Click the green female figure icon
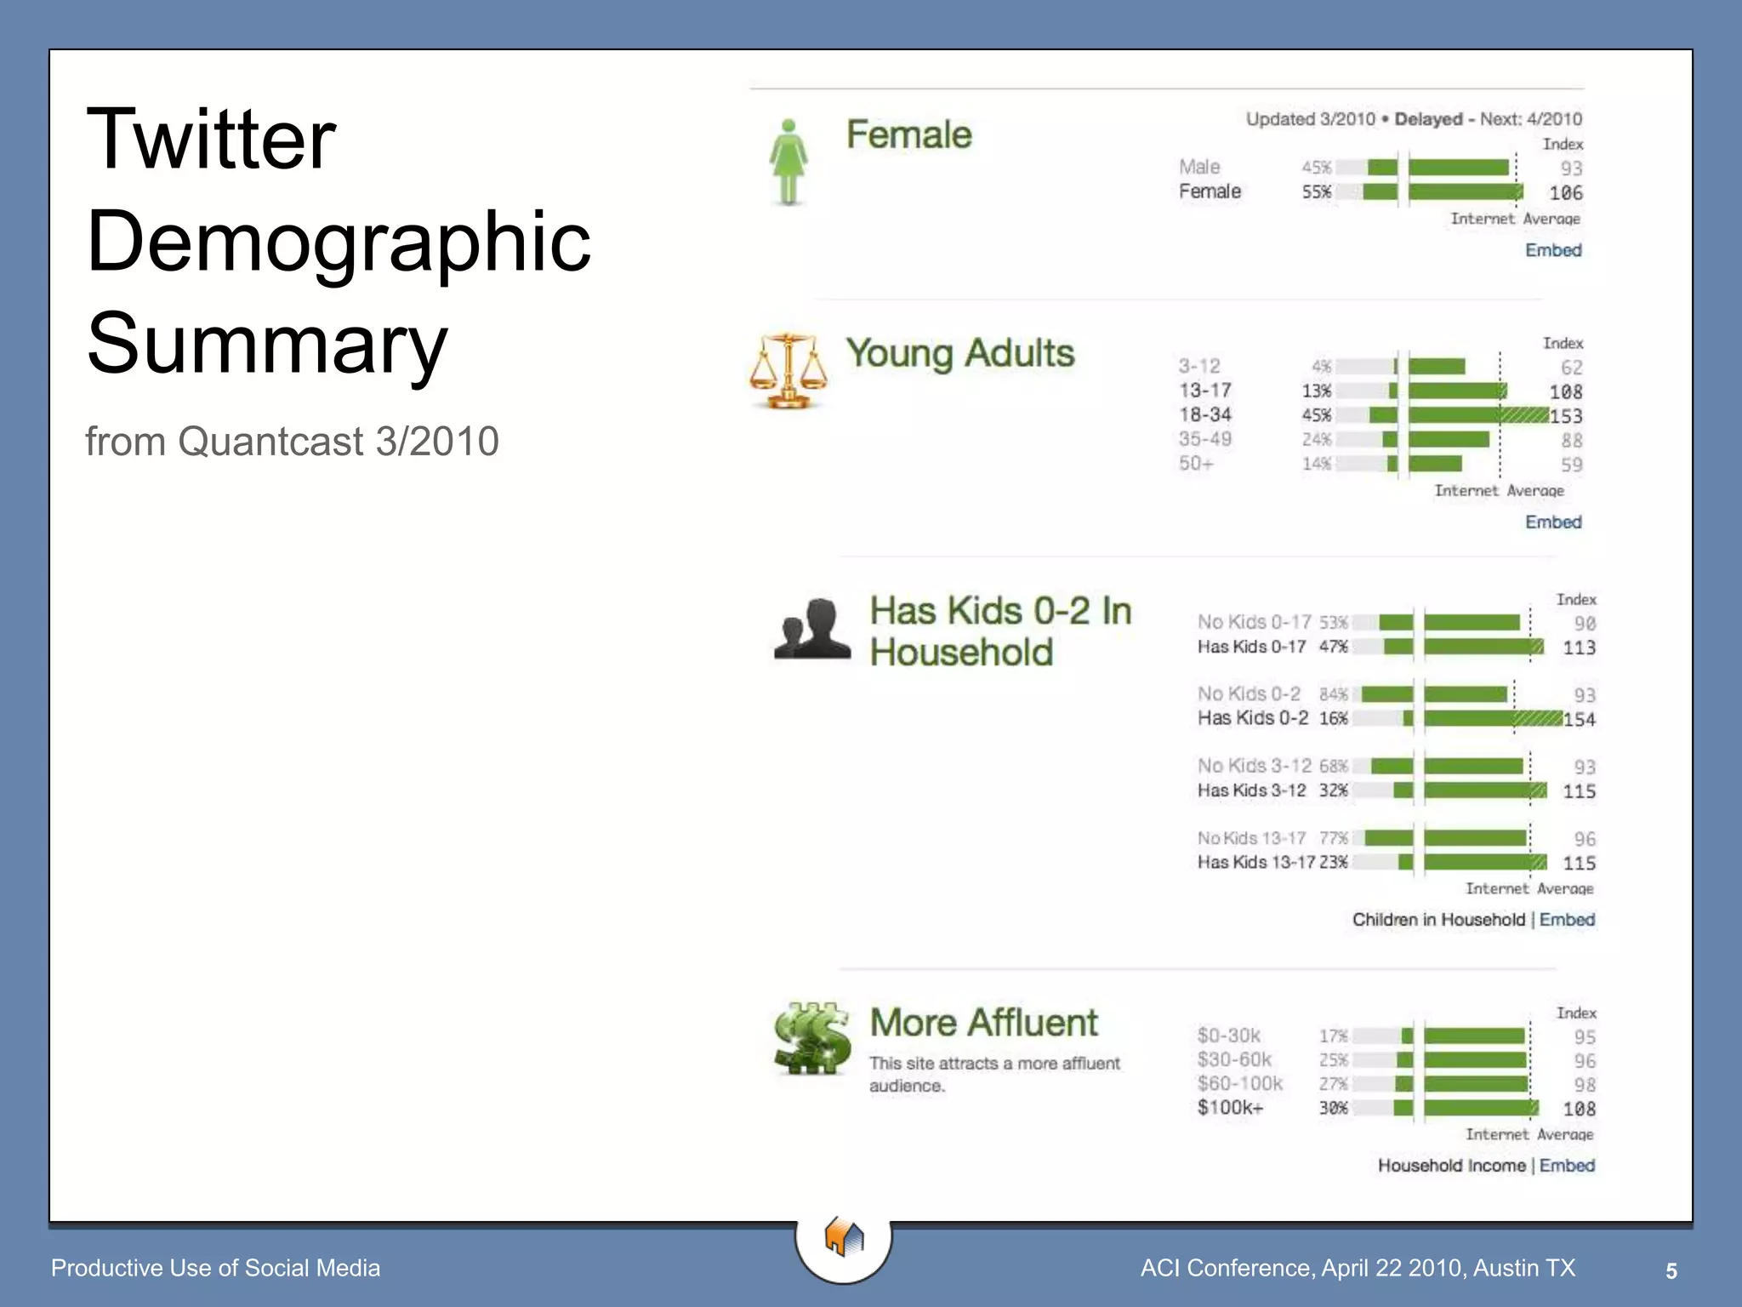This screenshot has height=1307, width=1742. pyautogui.click(x=788, y=162)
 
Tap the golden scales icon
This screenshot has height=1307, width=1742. pyautogui.click(x=788, y=371)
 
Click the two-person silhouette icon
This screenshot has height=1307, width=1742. pyautogui.click(x=812, y=630)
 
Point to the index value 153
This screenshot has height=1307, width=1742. pyautogui.click(x=1566, y=416)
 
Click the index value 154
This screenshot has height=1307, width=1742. pyautogui.click(x=1580, y=720)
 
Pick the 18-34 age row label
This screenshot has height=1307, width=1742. pyautogui.click(x=1205, y=415)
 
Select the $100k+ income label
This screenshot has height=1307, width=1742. pyautogui.click(x=1230, y=1108)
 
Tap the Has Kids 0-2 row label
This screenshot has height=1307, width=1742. pyautogui.click(x=1253, y=718)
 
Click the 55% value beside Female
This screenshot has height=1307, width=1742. pyautogui.click(x=1316, y=192)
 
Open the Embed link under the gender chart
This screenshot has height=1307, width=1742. pyautogui.click(x=1553, y=250)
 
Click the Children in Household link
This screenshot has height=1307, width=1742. pyautogui.click(x=1438, y=920)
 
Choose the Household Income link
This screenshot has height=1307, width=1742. pyautogui.click(x=1451, y=1166)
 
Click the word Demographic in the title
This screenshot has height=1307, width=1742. pyautogui.click(x=339, y=242)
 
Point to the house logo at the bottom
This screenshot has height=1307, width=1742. pyautogui.click(x=844, y=1237)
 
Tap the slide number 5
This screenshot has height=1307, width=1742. pyautogui.click(x=1671, y=1271)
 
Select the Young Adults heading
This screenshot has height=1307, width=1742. pyautogui.click(x=960, y=354)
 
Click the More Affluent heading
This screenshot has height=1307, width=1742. pyautogui.click(x=983, y=1023)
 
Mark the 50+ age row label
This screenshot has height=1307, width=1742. pyautogui.click(x=1196, y=464)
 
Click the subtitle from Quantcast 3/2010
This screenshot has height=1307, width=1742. pyautogui.click(x=292, y=442)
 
